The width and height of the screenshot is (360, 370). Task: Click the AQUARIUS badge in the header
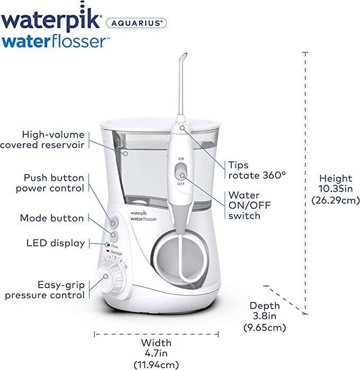pyautogui.click(x=136, y=23)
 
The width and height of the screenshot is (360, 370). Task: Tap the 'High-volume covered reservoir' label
pyautogui.click(x=42, y=140)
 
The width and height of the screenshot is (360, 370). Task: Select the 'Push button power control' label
pyautogui.click(x=50, y=183)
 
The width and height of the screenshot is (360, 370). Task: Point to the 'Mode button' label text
pyautogui.click(x=52, y=218)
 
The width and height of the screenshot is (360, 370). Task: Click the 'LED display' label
pyautogui.click(x=56, y=243)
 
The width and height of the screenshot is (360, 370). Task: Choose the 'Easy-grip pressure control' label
pyautogui.click(x=45, y=290)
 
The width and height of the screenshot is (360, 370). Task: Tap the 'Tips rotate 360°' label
pyautogui.click(x=257, y=170)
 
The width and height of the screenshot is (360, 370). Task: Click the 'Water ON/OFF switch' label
pyautogui.click(x=250, y=205)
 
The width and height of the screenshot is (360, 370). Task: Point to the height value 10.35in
pyautogui.click(x=336, y=189)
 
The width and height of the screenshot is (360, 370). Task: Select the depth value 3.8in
pyautogui.click(x=265, y=316)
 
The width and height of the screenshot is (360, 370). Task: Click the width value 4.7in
pyautogui.click(x=156, y=353)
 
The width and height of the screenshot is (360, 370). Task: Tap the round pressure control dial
pyautogui.click(x=110, y=278)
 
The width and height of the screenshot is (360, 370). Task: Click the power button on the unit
pyautogui.click(x=113, y=222)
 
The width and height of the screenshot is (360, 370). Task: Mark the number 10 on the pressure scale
pyautogui.click(x=126, y=266)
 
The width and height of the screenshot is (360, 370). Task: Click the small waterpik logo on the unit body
pyautogui.click(x=138, y=213)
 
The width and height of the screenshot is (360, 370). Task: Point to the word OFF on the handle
pyautogui.click(x=181, y=184)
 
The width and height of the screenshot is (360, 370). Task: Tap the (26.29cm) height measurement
pyautogui.click(x=336, y=201)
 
